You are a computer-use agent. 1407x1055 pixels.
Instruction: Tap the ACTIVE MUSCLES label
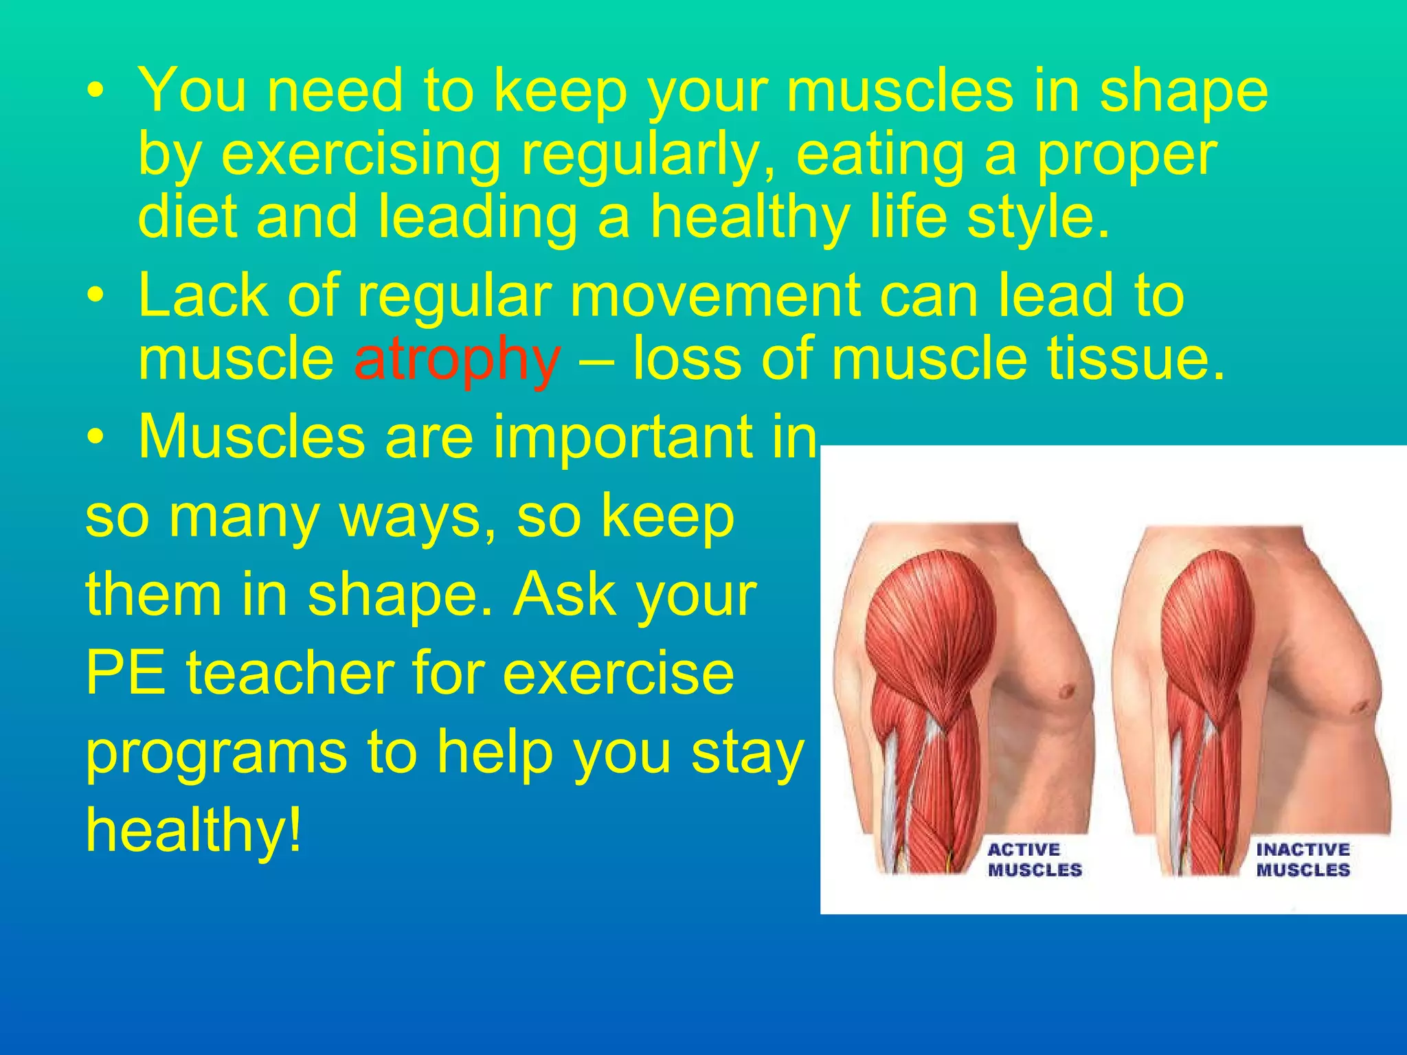coord(1035,860)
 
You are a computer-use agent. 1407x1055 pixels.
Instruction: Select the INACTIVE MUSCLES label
coord(1303,860)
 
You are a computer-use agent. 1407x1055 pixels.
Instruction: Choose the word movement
coord(714,296)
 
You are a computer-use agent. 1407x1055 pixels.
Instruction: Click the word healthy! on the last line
coord(193,830)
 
